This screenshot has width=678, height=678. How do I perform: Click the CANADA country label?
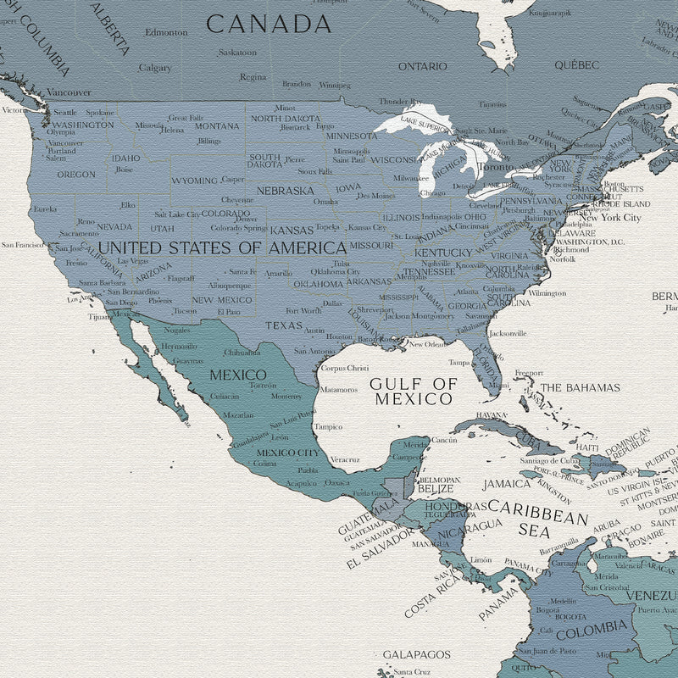point(269,24)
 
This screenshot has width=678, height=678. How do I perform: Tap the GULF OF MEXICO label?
point(413,391)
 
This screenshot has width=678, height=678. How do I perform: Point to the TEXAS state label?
point(283,325)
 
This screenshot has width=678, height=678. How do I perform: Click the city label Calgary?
point(155,68)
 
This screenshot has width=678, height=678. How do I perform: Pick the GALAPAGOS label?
point(416,654)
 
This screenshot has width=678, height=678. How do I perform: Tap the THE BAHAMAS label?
point(581,387)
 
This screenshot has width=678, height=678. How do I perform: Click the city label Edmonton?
point(166,32)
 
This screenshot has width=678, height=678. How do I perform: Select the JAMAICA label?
point(506,485)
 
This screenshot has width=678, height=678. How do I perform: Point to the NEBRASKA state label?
point(285,191)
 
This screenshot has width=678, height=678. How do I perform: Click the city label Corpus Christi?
point(345,368)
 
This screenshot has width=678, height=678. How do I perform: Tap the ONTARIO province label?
point(422,66)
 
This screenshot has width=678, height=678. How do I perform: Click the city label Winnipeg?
point(335,86)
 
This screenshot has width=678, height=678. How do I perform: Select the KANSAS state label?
point(291,230)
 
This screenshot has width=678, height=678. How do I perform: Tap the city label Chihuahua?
point(242,352)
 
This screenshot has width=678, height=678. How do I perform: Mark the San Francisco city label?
point(22,245)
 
